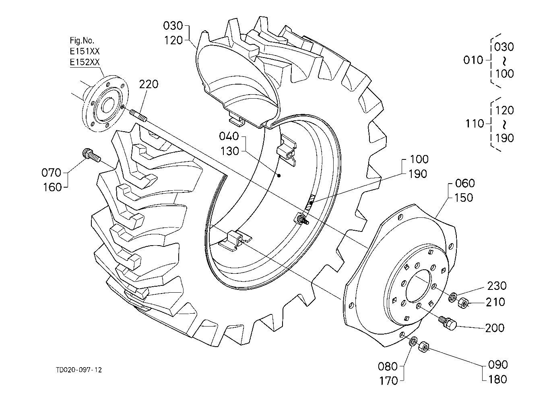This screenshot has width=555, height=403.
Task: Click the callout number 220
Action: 149,84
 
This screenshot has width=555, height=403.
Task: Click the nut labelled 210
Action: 462,303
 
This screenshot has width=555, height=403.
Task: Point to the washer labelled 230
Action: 453,297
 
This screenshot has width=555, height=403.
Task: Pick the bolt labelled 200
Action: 448,323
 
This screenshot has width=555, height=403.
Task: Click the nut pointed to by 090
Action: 424,347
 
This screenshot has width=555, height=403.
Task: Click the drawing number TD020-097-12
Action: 79,370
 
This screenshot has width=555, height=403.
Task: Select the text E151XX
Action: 85,51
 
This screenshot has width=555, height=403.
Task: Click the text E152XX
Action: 85,62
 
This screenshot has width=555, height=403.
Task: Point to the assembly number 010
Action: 473,60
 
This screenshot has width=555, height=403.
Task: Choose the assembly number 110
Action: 475,124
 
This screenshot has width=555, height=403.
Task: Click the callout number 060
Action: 465,184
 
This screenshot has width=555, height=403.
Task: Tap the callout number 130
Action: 230,151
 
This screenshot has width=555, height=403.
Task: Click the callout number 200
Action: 495,328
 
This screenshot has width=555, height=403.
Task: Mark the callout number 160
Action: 52,187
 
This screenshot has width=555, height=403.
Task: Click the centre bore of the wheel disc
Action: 419,286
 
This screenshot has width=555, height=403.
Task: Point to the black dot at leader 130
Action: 279,176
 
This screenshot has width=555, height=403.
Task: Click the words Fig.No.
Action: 82,41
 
